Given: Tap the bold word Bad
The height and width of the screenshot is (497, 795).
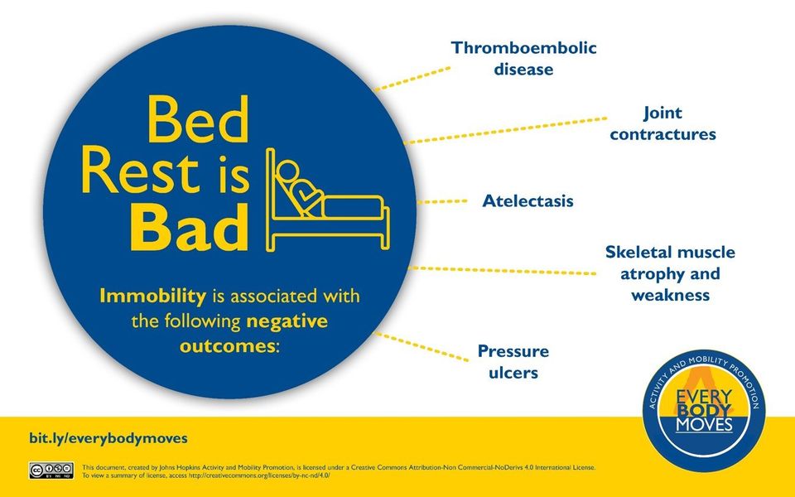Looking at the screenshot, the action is [189, 227].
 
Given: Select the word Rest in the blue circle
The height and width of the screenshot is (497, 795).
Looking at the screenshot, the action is [140, 170].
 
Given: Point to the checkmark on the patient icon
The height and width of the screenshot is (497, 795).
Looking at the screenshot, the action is [306, 195].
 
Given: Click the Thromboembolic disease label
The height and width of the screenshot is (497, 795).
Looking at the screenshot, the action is [523, 58].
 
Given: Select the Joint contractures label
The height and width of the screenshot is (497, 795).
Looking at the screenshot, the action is [662, 123].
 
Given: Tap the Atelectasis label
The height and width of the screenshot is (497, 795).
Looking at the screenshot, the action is [528, 200].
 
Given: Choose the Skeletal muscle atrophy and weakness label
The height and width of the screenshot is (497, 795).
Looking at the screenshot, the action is [670, 273].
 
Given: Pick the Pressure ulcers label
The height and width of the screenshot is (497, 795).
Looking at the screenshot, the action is [513, 362].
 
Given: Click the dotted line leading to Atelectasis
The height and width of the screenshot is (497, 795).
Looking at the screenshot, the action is [441, 201].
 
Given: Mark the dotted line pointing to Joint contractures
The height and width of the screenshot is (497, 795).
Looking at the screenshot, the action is [505, 130].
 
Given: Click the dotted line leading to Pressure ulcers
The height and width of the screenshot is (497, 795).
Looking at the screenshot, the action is [422, 347].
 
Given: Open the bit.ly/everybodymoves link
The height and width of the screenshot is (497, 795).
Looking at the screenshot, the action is [108, 438].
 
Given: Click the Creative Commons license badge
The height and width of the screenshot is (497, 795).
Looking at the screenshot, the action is [51, 470].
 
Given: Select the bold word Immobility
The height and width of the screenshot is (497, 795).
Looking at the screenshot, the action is [152, 296].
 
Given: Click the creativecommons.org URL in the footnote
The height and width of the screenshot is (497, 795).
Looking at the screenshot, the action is [258, 475].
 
